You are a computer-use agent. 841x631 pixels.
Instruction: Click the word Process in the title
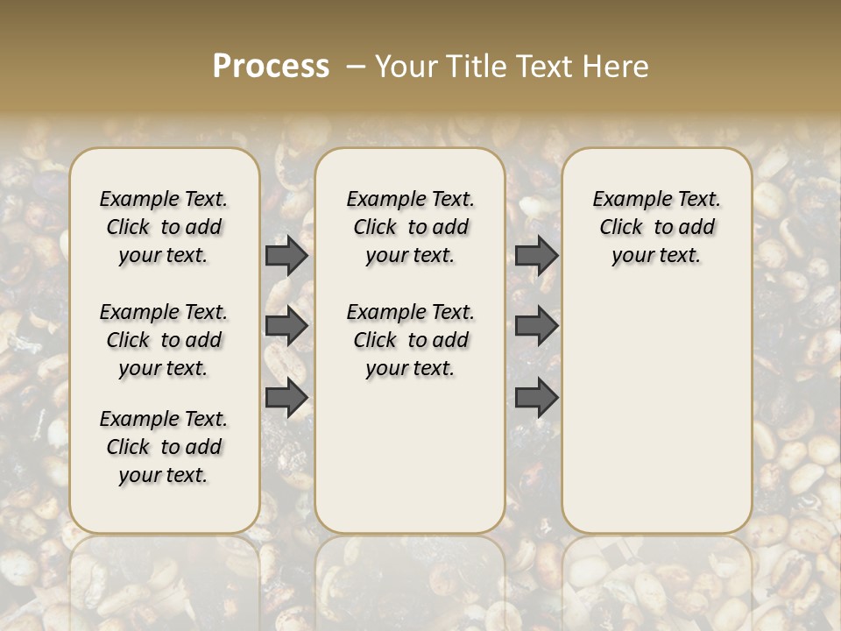271,67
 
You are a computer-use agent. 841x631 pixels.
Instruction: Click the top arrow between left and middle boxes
286,256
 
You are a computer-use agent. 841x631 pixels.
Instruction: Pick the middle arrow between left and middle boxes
286,326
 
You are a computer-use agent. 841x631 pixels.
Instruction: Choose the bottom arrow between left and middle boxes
286,398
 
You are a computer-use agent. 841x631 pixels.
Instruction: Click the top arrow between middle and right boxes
536,256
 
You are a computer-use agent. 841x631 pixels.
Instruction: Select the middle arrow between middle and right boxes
536,326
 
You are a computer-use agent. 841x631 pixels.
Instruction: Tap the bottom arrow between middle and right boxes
536,398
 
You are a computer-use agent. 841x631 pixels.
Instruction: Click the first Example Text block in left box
164,227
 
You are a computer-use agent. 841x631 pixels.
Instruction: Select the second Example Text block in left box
164,340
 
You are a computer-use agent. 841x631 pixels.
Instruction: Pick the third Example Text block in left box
164,447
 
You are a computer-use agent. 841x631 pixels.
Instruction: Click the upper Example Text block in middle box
410,227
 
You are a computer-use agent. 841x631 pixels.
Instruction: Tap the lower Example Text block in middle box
410,340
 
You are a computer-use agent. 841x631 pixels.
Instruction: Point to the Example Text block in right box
656,227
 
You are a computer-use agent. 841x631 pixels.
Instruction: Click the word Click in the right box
621,228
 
